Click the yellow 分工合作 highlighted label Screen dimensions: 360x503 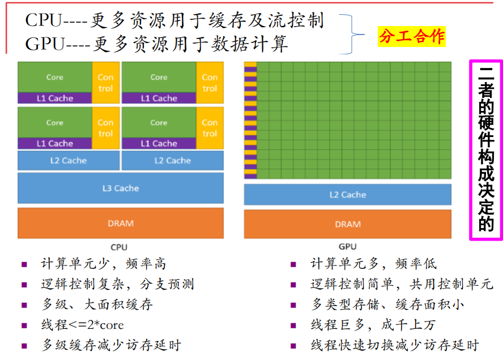tap(412, 37)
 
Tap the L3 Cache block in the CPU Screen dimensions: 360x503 tap(120, 188)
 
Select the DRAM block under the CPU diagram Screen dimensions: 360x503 tap(120, 223)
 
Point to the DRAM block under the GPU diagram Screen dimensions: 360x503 tap(347, 224)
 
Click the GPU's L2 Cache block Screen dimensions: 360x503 tap(347, 195)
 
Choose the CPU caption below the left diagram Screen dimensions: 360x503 tap(119, 247)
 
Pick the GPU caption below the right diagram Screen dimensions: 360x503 tap(347, 247)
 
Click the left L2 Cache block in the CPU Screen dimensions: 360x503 tap(69, 160)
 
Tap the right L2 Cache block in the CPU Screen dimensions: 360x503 tap(172, 160)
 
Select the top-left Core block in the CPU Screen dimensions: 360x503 tap(54, 77)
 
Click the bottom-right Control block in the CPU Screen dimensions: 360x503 tap(210, 128)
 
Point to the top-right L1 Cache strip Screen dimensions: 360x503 tap(159, 98)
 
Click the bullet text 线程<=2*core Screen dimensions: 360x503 tap(83, 325)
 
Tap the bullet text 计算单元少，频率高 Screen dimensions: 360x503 tap(104, 264)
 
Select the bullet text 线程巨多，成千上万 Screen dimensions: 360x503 tap(373, 325)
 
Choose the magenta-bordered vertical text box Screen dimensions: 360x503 tap(486, 150)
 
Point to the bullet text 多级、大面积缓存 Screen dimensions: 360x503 tap(97, 305)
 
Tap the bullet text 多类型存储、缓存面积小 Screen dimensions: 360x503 tap(387, 305)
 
